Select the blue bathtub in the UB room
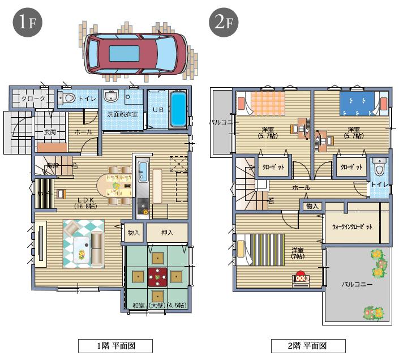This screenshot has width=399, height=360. pos(178,110)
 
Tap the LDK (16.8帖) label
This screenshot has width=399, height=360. pos(85,202)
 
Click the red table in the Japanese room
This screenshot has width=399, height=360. pos(157,277)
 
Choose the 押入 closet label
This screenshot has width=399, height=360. pos(166,232)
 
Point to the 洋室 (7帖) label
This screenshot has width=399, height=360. pos(298,253)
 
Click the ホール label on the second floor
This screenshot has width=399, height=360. pos(301,187)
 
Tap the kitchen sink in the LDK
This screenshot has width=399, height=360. pos(143,170)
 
